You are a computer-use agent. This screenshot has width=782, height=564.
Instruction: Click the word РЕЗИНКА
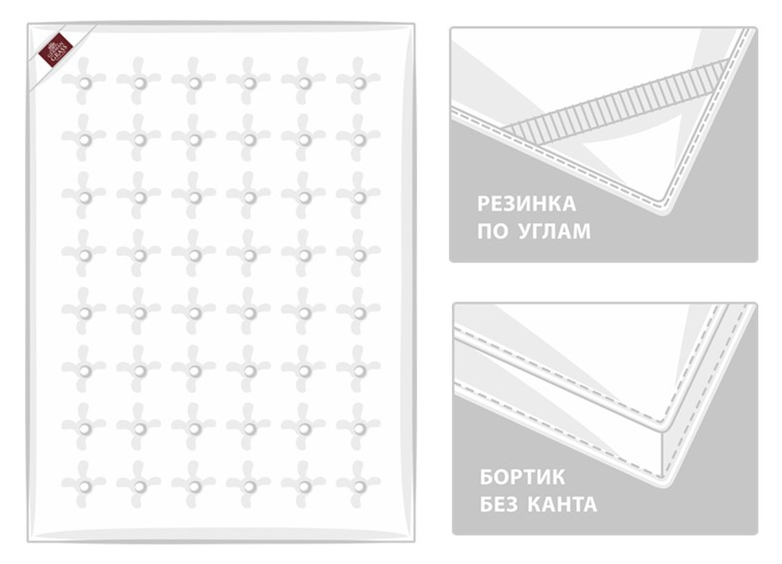coord(526,204)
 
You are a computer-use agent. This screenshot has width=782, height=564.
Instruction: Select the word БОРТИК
coord(522,477)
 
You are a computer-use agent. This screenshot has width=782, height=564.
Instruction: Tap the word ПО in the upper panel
coord(492,231)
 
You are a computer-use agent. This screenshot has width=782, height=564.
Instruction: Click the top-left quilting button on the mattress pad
coord(85,83)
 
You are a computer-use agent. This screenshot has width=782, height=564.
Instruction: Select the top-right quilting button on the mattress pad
coord(359,83)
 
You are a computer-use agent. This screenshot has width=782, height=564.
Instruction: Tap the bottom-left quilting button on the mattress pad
coord(85,487)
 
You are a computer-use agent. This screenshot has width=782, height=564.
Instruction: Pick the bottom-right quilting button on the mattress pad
coord(359,487)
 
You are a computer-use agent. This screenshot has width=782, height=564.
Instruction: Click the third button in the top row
coord(195,83)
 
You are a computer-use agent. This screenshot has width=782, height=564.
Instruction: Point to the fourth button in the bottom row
coord(249,487)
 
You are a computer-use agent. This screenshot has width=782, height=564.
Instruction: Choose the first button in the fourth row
coord(85,256)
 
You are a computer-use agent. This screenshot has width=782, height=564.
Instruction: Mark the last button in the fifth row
coord(359,313)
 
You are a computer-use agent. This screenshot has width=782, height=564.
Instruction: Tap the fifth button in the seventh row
coord(304,429)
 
